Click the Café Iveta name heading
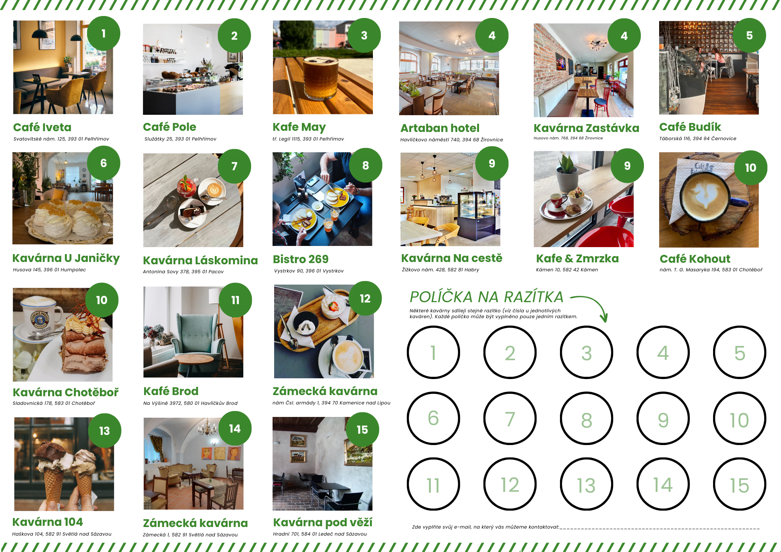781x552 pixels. (42, 127)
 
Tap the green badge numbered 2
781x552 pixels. (234, 36)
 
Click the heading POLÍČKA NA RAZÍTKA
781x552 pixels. (487, 297)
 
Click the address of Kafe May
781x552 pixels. (308, 139)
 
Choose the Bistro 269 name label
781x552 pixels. (301, 259)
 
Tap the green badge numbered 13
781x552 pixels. (104, 431)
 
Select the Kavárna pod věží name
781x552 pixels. (323, 522)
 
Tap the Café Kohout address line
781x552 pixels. (711, 270)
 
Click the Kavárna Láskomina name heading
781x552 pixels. (200, 260)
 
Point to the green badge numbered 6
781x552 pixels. (103, 163)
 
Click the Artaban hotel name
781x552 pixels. (440, 128)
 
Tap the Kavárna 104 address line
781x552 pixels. (62, 534)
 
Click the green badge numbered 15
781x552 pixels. (362, 430)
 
